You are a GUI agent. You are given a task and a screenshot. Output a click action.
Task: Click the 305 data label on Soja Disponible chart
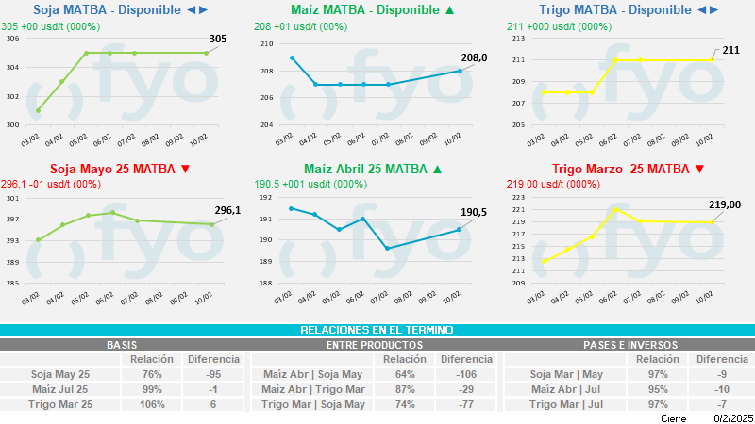tap(217, 40)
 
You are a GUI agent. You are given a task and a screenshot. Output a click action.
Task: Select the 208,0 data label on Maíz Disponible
tap(472, 58)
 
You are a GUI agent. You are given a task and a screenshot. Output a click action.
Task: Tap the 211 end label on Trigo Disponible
tap(730, 49)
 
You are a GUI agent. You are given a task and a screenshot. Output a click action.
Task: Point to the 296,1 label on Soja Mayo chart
tap(227, 210)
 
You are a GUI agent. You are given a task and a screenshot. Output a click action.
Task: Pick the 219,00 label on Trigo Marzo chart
tap(725, 204)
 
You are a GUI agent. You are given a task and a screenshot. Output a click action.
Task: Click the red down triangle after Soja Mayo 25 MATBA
tap(185, 170)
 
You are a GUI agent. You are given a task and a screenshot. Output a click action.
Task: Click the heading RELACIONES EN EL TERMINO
tap(377, 330)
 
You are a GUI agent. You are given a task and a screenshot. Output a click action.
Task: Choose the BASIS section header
tap(123, 345)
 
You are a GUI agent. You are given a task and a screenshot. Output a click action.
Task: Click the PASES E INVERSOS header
tap(629, 345)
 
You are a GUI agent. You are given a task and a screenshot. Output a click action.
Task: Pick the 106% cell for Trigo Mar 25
tap(151, 404)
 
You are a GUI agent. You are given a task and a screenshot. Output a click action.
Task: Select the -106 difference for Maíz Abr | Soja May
tap(466, 374)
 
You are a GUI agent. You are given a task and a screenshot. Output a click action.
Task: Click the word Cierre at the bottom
tap(673, 417)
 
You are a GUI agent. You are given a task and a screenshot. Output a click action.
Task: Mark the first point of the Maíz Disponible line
tap(292, 57)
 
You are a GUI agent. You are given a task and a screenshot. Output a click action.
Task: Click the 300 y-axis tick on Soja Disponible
tap(13, 124)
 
